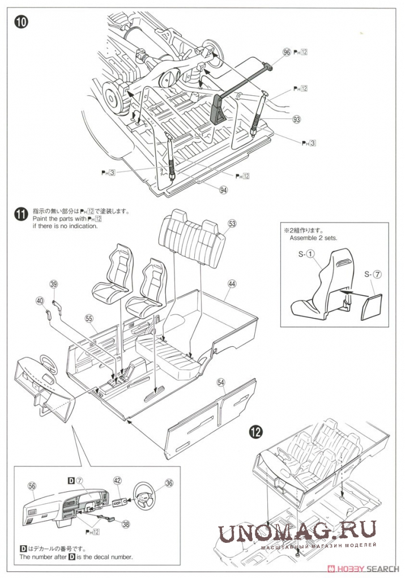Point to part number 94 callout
223,190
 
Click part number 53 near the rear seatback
232,223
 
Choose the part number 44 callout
232,283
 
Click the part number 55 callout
88,318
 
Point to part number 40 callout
39,301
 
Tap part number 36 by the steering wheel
169,483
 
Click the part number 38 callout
126,524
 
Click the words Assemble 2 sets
313,238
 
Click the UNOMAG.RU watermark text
298,532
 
